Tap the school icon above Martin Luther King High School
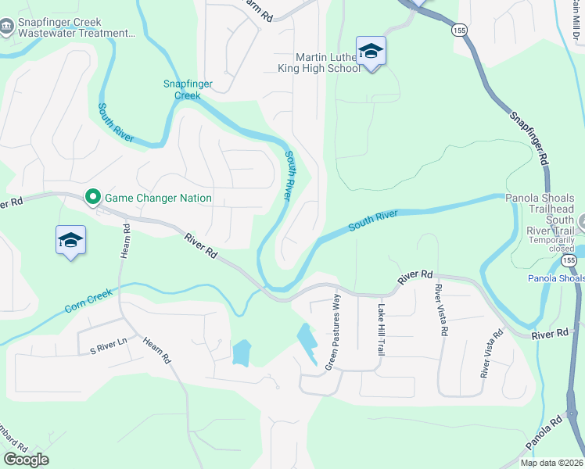(x=371, y=52)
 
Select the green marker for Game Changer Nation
(x=94, y=197)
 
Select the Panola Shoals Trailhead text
(x=540, y=204)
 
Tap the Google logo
(x=26, y=460)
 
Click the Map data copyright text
(x=551, y=463)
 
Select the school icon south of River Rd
(x=70, y=241)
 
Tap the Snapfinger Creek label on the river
(x=182, y=90)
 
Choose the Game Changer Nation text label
(x=159, y=198)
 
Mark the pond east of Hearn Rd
(x=242, y=352)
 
